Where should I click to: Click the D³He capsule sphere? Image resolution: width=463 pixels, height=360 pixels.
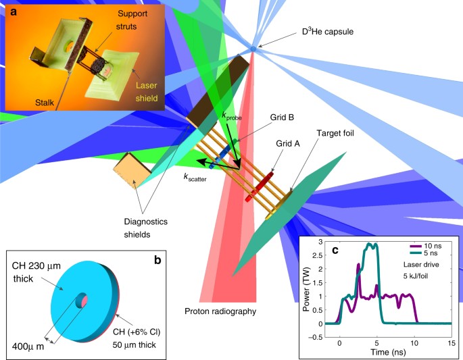[253, 48]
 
